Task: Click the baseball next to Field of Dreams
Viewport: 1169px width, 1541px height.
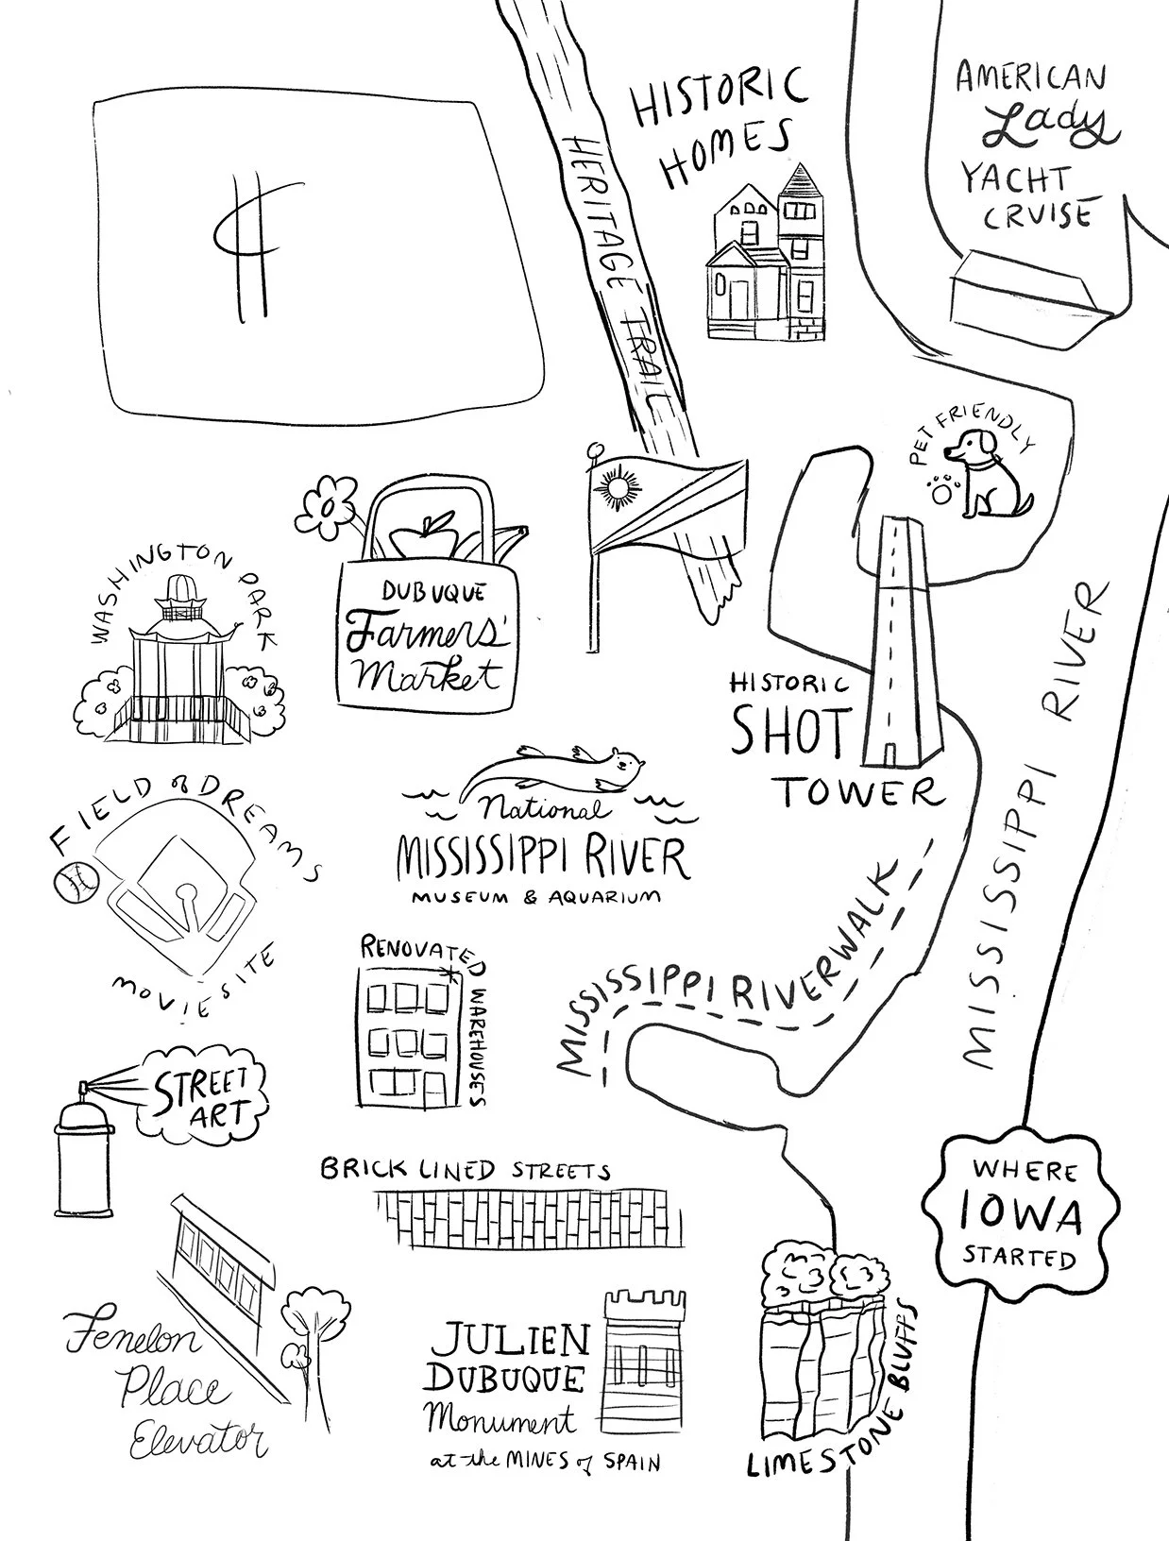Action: coord(78,882)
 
